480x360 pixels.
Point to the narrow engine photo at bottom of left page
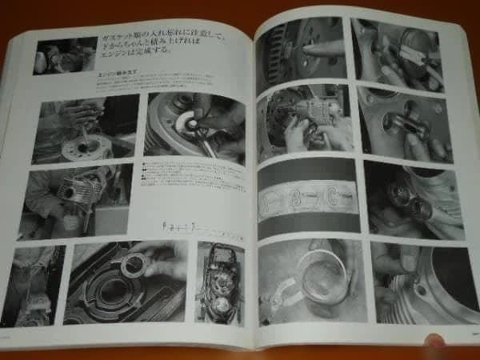pos(219,283)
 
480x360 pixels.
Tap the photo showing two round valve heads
pos(407,197)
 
